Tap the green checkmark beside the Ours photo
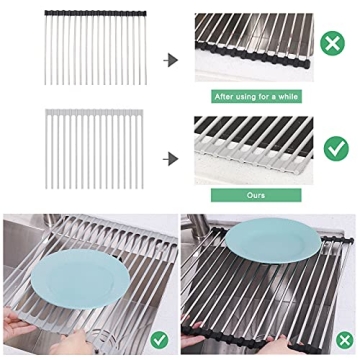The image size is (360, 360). (x=335, y=147)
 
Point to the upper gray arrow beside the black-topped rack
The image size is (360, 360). (x=171, y=60)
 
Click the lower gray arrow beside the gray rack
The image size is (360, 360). (x=171, y=156)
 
